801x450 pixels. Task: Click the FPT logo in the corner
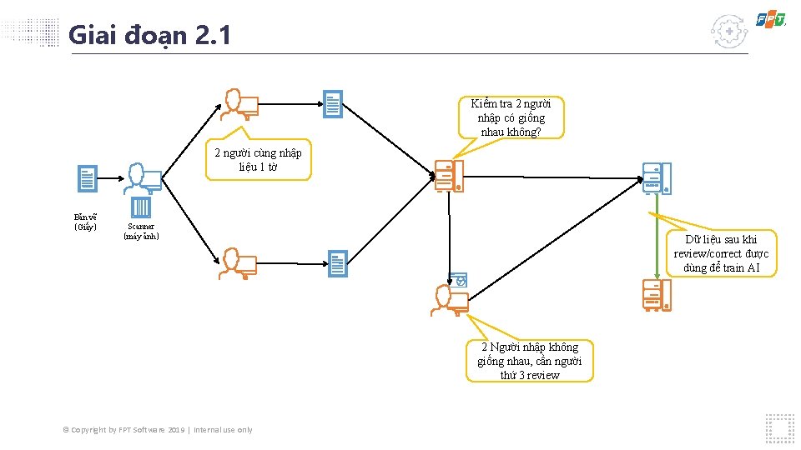(x=771, y=19)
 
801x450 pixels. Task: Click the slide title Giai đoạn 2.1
(x=149, y=35)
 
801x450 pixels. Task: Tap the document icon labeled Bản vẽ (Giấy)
(x=88, y=178)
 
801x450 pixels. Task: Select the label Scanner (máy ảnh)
(x=141, y=231)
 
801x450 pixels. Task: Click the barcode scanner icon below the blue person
(x=140, y=207)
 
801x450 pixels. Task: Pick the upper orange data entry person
(x=239, y=105)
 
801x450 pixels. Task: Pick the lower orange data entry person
(x=238, y=264)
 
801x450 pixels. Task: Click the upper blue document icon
(x=333, y=104)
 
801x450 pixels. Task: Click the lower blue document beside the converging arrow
(x=338, y=264)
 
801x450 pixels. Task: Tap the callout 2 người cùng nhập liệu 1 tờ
(x=258, y=159)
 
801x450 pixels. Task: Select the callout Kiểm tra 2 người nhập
(x=511, y=118)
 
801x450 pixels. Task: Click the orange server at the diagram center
(x=449, y=176)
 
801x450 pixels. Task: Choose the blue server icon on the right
(x=657, y=178)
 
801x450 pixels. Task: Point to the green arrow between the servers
(x=657, y=237)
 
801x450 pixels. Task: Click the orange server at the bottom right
(x=657, y=295)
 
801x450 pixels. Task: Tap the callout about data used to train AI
(x=721, y=253)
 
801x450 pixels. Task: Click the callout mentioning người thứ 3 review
(x=530, y=361)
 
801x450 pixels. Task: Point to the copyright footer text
(x=158, y=430)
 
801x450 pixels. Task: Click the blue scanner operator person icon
(x=143, y=178)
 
